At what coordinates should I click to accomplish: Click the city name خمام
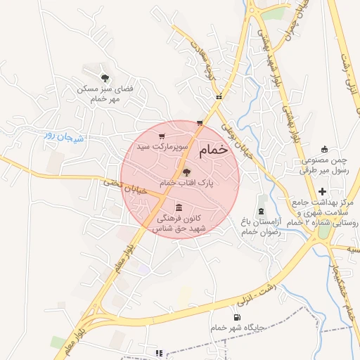(214, 150)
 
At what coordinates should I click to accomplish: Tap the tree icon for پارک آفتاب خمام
(186, 172)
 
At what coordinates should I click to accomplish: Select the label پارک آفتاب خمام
(186, 183)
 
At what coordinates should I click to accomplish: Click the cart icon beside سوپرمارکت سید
(162, 137)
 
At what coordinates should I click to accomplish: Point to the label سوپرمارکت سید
(163, 148)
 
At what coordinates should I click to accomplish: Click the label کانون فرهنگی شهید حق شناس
(181, 224)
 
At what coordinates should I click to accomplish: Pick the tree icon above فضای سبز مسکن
(105, 77)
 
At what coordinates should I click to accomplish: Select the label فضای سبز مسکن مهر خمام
(105, 95)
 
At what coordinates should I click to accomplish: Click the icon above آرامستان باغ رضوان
(262, 211)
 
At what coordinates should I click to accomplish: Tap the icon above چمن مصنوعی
(324, 148)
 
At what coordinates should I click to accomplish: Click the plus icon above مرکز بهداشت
(323, 191)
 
